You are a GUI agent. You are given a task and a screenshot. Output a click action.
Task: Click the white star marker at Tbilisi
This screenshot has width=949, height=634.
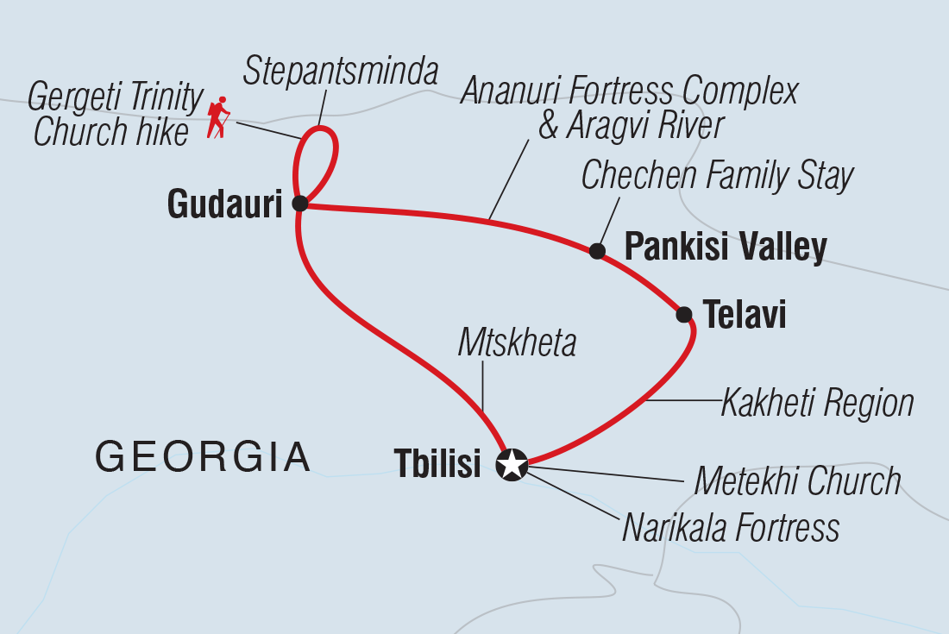512,464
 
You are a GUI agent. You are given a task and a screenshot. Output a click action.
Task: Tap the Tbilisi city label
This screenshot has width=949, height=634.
437,464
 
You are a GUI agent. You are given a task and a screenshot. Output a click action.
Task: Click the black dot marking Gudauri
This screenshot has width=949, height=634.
299,204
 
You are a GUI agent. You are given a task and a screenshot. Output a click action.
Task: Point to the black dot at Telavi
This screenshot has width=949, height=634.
684,315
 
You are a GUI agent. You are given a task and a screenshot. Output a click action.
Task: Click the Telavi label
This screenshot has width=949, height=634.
745,315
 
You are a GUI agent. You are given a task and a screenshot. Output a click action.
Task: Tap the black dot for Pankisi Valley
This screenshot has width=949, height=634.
596,251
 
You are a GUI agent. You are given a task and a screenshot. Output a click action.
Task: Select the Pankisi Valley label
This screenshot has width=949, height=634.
725,248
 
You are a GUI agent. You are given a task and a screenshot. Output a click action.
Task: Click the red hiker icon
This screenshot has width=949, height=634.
218,117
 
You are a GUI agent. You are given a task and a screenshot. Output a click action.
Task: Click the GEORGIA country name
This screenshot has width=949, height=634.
203,455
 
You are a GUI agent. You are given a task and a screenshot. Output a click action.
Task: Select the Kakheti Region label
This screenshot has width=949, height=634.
817,402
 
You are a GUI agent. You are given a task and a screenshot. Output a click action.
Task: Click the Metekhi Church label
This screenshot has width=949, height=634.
797,481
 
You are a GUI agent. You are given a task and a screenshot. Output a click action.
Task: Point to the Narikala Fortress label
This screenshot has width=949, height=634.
731,527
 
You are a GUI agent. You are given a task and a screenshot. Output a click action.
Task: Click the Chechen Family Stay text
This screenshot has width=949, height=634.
717,176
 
